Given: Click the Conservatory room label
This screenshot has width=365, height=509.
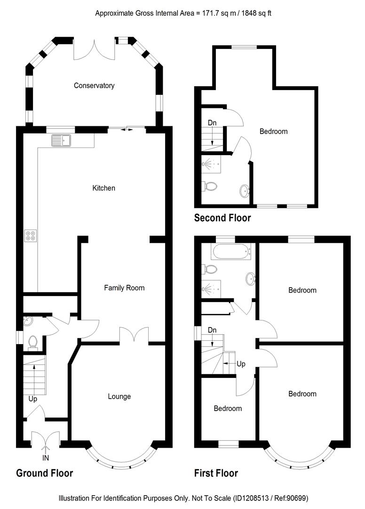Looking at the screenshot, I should [x=94, y=85].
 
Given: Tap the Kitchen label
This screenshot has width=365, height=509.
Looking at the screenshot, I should [x=103, y=188].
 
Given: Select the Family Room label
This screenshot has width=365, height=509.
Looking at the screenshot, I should [x=124, y=287].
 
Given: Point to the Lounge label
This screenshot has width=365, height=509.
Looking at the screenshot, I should [x=119, y=396].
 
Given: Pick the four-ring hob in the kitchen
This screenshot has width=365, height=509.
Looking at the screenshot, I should [x=31, y=235].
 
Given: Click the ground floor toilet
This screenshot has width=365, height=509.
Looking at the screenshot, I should [x=32, y=341].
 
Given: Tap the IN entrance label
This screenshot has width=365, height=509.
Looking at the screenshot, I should [x=46, y=457].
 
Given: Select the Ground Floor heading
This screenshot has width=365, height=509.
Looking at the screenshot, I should [x=45, y=473].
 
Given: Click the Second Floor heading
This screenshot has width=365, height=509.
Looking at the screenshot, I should [x=222, y=218].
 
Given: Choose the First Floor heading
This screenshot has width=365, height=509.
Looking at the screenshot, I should [x=216, y=473].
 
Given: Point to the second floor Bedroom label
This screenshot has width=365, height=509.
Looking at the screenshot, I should [x=273, y=131].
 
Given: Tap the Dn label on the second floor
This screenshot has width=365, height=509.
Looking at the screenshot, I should [x=212, y=123].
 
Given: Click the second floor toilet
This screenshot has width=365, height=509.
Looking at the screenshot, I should [x=210, y=186].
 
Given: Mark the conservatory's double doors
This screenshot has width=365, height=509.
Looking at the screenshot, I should [x=94, y=49].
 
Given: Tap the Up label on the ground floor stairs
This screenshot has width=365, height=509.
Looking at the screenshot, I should [x=32, y=399].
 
